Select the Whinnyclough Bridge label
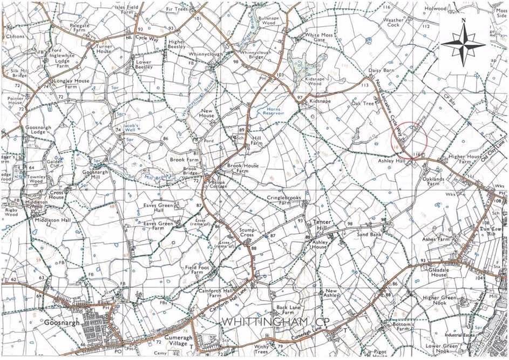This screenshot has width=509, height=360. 256,55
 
